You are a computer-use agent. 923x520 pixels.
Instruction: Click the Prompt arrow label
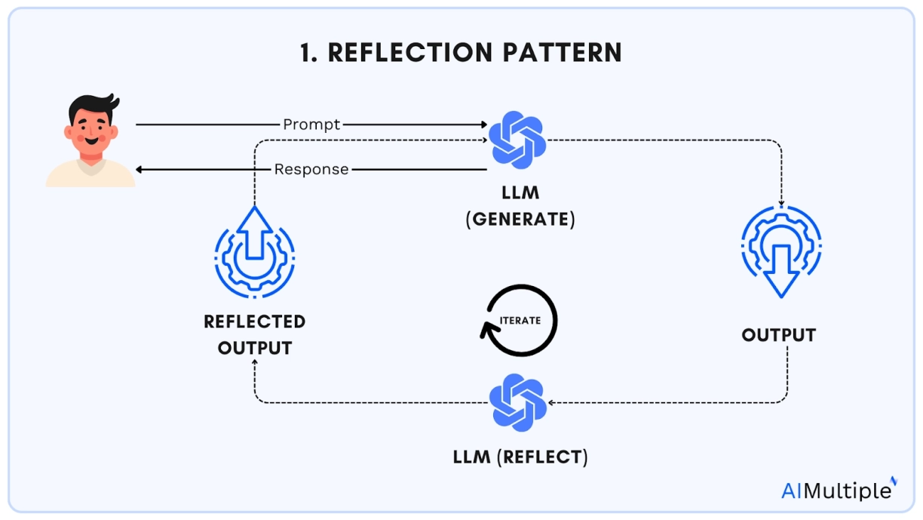(311, 124)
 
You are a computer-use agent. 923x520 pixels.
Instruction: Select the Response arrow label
(311, 169)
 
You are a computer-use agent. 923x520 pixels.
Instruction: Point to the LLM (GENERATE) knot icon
(517, 140)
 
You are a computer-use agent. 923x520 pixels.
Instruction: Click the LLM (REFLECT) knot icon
(517, 403)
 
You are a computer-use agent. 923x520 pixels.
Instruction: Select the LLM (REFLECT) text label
(520, 457)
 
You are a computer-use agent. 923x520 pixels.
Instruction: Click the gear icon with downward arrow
(780, 253)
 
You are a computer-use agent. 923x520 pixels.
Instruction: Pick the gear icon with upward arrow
(254, 253)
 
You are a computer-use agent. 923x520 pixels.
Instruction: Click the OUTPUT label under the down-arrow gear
(779, 334)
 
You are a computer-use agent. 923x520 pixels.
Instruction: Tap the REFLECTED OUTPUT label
(254, 334)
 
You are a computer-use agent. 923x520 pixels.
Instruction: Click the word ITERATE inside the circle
(520, 320)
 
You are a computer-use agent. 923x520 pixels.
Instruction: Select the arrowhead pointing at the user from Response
(140, 169)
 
